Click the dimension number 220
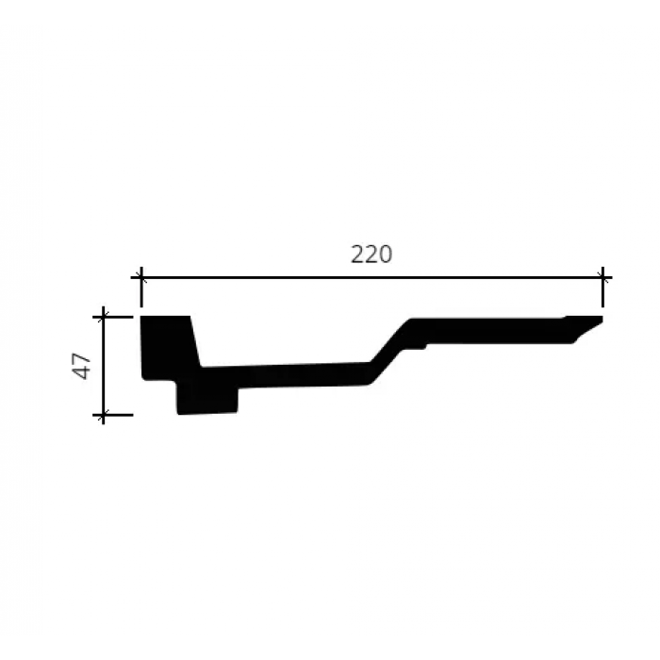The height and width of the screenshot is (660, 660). coord(371,255)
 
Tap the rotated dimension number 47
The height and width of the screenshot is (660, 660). coord(81,366)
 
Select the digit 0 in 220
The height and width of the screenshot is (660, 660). coord(385,255)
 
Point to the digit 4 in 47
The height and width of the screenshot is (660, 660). coord(81,373)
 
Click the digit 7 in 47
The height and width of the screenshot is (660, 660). coord(81,358)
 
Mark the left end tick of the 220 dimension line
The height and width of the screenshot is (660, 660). coord(141,278)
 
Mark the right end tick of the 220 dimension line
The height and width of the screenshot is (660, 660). coord(602,278)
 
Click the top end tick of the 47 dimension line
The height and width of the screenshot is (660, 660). coord(103,317)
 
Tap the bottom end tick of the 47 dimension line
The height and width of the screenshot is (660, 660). coord(103,415)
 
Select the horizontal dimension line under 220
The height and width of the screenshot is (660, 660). coord(371,278)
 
